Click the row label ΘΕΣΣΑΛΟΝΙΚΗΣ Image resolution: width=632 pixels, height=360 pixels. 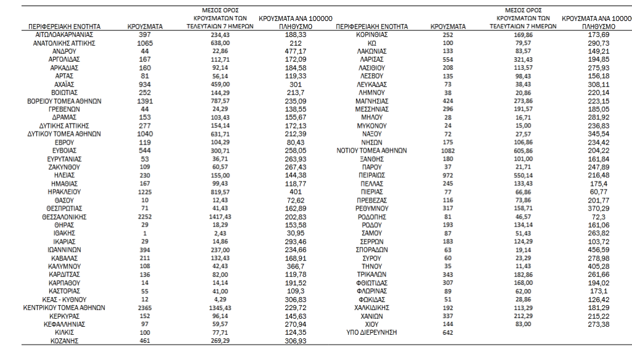point(64,217)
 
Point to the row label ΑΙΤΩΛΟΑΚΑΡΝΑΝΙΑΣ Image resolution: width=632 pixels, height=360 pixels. point(64,37)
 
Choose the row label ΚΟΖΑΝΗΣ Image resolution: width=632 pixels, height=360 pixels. point(64,340)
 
